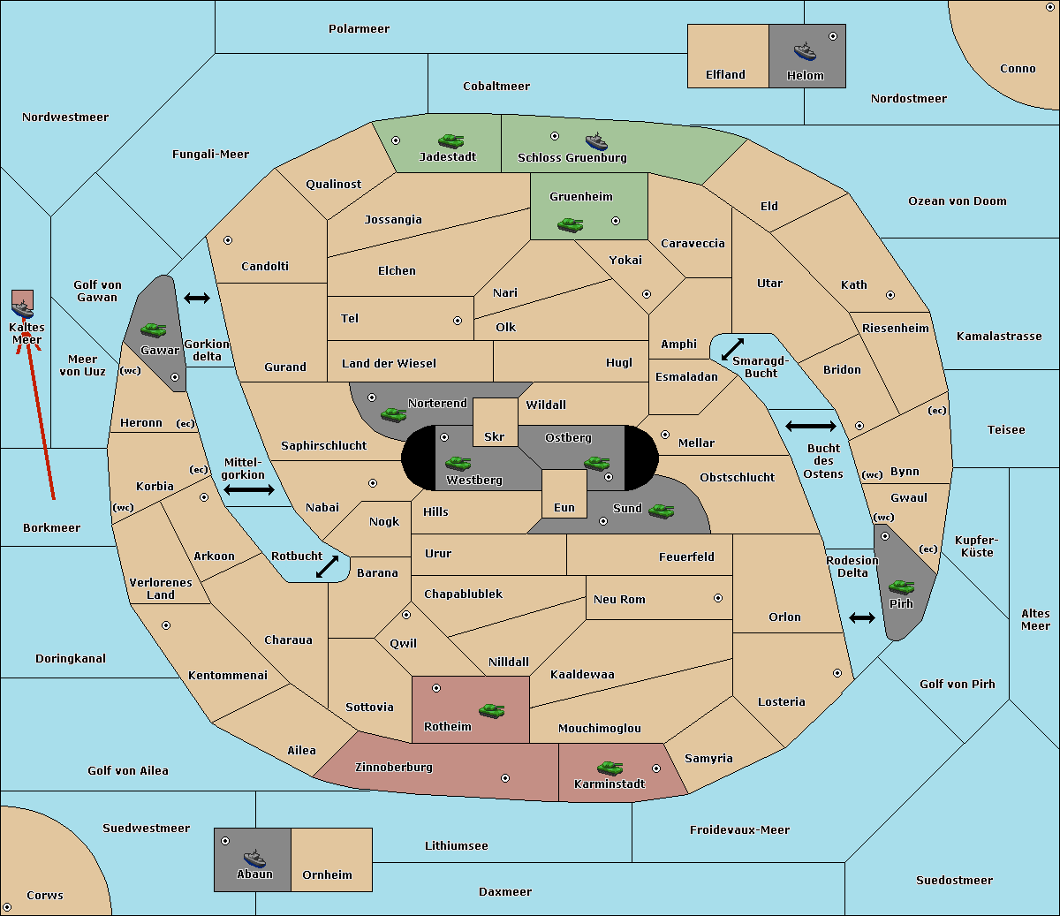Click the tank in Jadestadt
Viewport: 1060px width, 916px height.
pos(451,140)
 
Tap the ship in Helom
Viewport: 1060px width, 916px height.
pos(805,52)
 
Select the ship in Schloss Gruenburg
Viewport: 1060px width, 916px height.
pos(596,141)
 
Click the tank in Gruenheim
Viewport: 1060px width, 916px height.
pos(571,224)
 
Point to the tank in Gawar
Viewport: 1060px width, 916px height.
pos(154,329)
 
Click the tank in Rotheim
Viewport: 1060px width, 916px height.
pos(492,711)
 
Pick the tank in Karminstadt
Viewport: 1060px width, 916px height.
pos(610,768)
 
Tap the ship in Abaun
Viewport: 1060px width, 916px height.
pos(255,858)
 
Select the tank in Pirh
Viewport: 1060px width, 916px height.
pos(902,587)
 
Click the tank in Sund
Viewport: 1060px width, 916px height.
pos(662,511)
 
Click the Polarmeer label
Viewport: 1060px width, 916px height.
pos(359,29)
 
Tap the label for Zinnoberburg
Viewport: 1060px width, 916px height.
pos(394,768)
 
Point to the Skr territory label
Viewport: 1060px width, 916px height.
pos(495,436)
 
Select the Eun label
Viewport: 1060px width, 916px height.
pos(564,507)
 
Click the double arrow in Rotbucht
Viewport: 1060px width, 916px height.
pos(327,567)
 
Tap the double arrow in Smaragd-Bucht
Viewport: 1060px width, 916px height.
pos(732,349)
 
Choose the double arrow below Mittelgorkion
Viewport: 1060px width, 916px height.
pos(249,490)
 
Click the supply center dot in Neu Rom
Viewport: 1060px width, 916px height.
pos(718,599)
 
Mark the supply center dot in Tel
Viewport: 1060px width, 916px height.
pos(458,321)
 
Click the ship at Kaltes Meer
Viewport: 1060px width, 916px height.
pos(23,309)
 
